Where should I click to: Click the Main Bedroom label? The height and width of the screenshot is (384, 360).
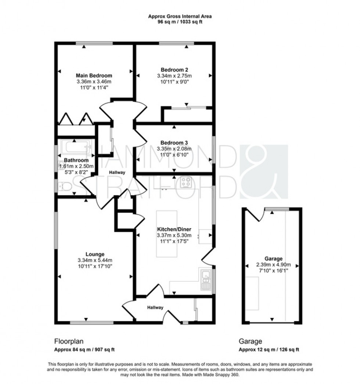[x=94, y=76]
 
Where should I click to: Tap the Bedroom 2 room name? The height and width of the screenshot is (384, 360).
[x=174, y=70]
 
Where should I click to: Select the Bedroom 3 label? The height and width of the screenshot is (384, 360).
[x=174, y=143]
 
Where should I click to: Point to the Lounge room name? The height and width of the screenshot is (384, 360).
[x=95, y=254]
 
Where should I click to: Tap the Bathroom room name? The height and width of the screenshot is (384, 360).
[x=76, y=161]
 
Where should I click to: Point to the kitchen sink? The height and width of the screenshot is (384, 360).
[x=205, y=278]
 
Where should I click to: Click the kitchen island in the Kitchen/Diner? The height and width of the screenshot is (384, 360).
[x=166, y=233]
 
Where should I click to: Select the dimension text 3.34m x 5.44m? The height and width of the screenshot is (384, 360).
[x=95, y=260]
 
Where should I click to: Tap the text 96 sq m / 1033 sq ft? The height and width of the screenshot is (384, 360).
[x=180, y=22]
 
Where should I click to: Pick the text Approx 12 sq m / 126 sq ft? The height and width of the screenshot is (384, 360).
[x=270, y=349]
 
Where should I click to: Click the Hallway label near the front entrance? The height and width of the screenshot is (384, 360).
[x=155, y=308]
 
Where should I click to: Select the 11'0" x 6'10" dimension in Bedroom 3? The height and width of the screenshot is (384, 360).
[x=174, y=155]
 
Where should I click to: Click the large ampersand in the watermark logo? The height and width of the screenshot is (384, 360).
[x=264, y=172]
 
